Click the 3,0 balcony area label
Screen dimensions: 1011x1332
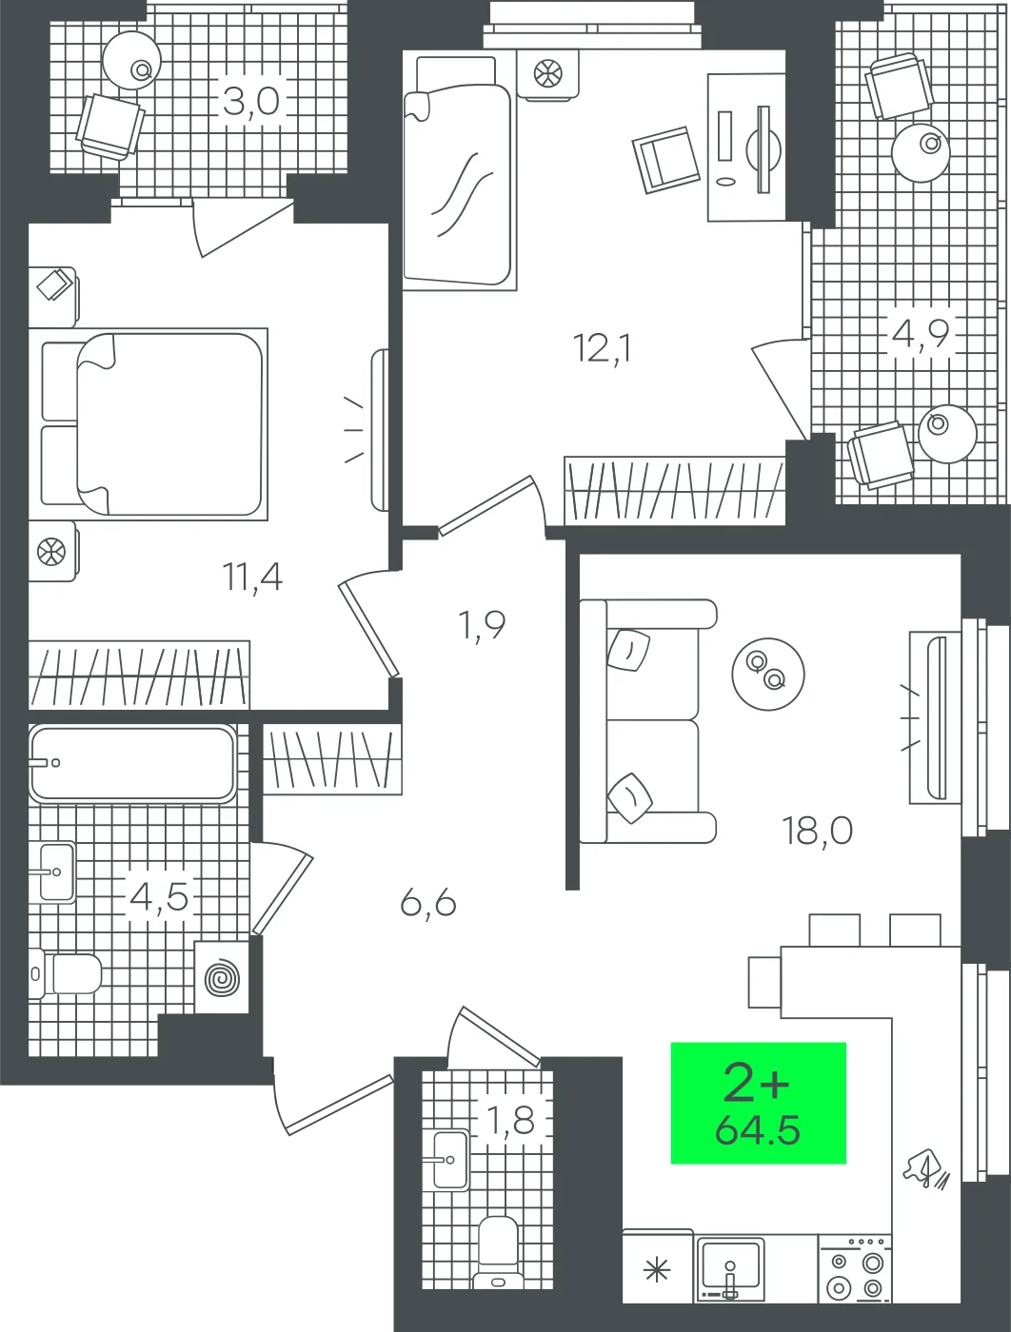251,101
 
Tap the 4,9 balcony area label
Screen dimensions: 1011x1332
921,333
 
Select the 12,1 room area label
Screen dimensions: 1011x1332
602,349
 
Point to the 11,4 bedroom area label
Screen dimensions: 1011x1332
252,577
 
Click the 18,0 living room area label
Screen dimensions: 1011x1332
818,831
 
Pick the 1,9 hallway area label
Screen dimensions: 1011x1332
483,624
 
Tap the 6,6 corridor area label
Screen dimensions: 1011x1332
428,904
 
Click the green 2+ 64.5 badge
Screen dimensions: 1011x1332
758,1103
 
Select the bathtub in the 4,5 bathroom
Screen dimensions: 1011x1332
133,763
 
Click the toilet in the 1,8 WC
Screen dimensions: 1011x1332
498,1251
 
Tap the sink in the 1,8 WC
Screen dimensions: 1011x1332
450,1159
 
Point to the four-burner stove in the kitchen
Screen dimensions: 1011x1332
856,1267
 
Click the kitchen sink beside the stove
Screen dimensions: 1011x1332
730,1267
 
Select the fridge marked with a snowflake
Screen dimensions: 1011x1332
658,1265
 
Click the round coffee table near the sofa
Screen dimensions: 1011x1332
768,674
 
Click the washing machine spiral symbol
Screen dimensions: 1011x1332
222,978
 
